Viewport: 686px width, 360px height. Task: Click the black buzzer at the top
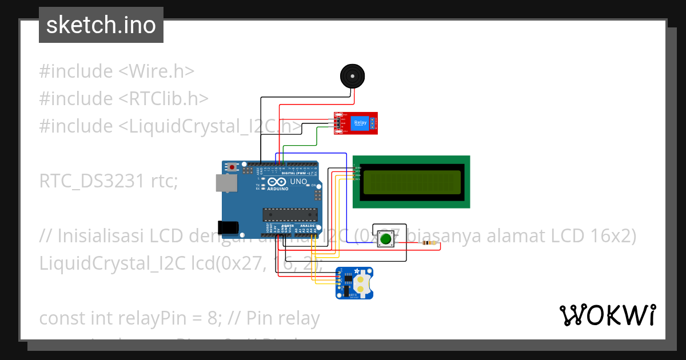(x=352, y=75)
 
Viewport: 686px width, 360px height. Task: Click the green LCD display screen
(x=410, y=182)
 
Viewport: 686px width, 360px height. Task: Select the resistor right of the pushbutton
(x=429, y=243)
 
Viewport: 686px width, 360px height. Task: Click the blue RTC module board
(x=354, y=283)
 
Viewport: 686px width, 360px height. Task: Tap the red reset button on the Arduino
(x=233, y=167)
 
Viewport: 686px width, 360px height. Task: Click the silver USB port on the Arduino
(x=225, y=182)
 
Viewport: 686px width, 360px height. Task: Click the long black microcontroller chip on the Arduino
(x=290, y=214)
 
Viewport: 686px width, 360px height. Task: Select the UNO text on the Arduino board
(x=299, y=182)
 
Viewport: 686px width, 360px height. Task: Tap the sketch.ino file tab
(x=101, y=25)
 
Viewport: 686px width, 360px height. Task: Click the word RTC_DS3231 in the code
(x=91, y=181)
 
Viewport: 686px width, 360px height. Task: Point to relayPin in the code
(x=177, y=318)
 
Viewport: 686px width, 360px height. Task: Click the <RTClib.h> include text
(x=163, y=99)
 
